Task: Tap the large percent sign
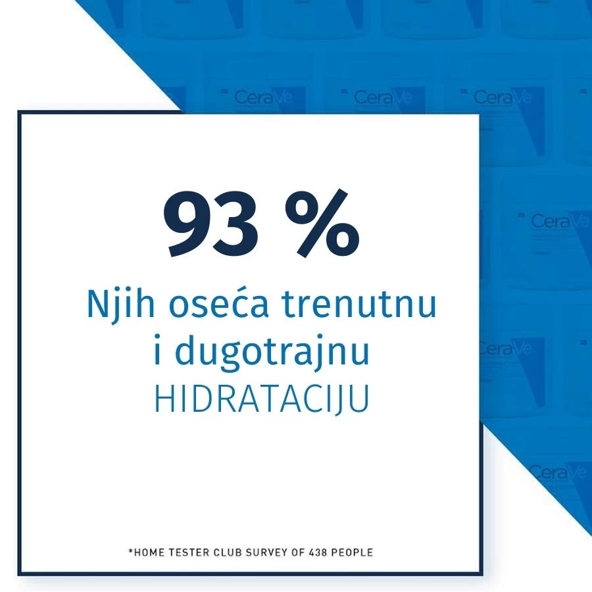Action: [x=322, y=223]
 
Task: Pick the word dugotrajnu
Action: [x=272, y=351]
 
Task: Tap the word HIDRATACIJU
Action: [x=262, y=399]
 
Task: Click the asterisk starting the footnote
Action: [x=131, y=551]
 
